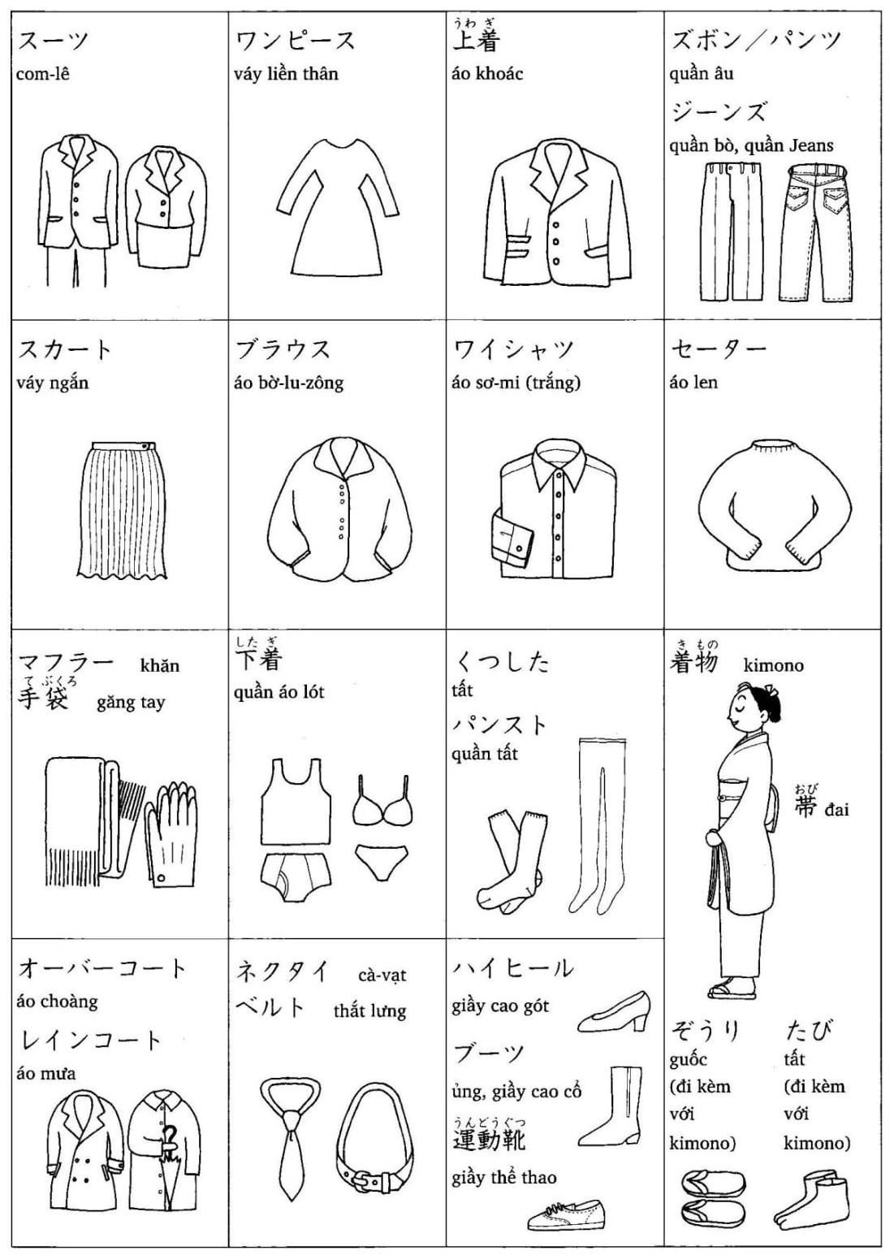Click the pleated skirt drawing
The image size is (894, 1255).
(x=122, y=510)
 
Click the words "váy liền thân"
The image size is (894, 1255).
(x=286, y=73)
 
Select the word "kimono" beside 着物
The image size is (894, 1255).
(x=773, y=665)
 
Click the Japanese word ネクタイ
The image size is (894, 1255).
(x=283, y=972)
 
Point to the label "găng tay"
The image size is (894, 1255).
(x=131, y=703)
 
